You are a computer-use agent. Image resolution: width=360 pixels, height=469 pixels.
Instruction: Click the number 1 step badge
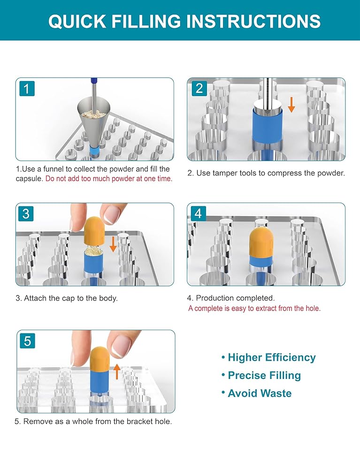[27, 89]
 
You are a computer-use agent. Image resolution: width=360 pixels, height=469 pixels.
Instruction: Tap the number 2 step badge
[199, 89]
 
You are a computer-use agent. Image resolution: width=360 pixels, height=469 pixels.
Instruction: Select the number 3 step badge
[26, 213]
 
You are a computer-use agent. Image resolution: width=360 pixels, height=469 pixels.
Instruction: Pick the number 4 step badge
[198, 213]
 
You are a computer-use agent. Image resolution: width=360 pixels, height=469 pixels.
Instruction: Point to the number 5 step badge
[27, 341]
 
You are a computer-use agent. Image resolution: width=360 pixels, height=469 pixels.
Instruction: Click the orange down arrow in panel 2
[291, 105]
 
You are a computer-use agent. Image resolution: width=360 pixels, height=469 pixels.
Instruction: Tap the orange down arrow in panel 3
[113, 244]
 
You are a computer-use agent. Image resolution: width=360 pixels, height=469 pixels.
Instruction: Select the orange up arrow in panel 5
[117, 371]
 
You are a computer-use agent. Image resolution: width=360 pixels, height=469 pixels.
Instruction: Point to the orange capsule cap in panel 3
[94, 230]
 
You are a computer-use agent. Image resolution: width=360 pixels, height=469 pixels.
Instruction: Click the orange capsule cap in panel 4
[261, 243]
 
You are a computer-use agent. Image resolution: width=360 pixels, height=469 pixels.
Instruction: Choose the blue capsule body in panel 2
[267, 127]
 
